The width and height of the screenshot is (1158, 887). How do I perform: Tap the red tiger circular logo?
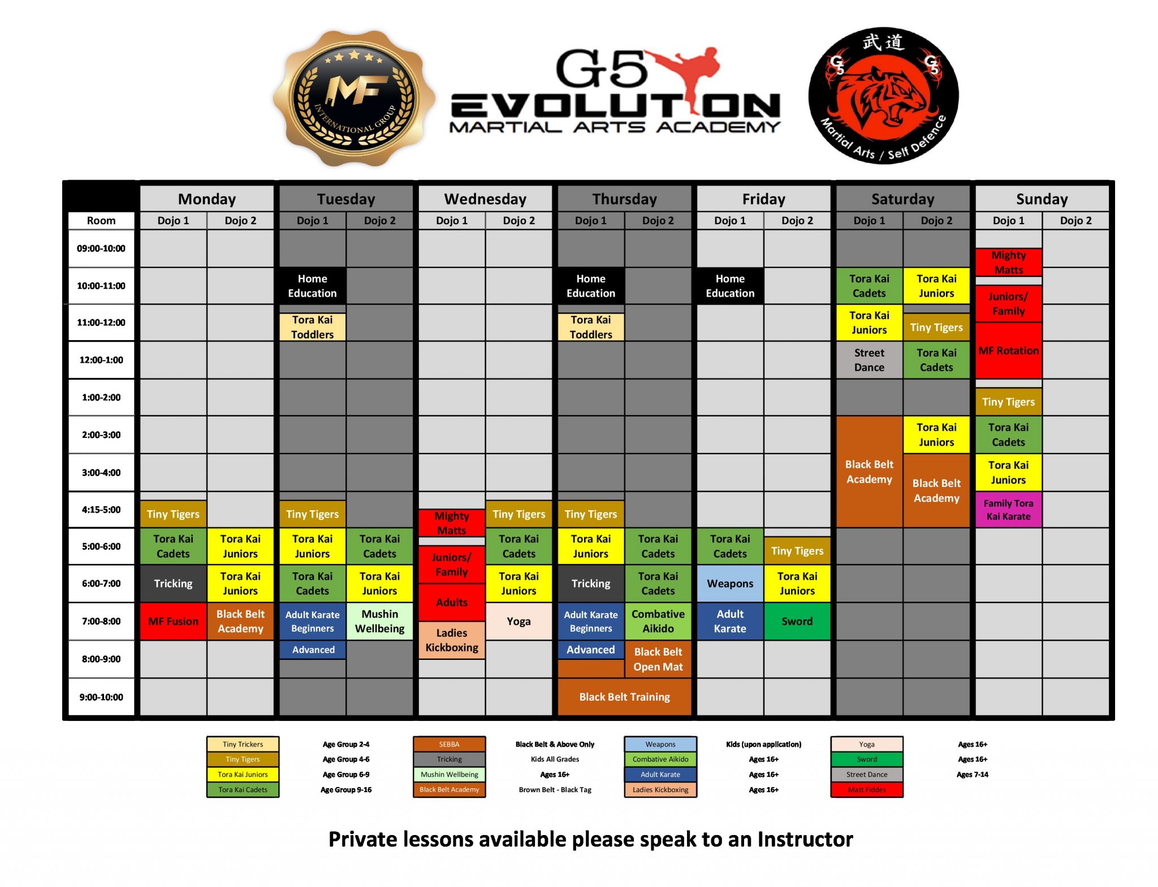[x=883, y=96]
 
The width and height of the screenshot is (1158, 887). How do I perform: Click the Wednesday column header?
[x=485, y=199]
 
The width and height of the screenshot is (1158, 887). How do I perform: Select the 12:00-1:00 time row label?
[x=101, y=360]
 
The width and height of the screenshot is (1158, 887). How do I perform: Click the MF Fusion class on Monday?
[x=173, y=621]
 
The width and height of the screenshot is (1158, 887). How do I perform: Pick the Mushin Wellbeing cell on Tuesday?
[x=379, y=621]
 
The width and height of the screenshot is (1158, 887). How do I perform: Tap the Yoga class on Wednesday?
[x=518, y=621]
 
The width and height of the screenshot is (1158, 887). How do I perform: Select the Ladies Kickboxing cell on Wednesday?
[x=452, y=640]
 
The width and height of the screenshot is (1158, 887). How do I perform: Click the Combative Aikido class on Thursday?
[x=658, y=621]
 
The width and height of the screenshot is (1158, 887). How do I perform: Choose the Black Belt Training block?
[x=624, y=697]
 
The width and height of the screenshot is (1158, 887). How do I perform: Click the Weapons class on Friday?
[x=730, y=584]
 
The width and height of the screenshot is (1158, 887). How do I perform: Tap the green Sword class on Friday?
[x=797, y=621]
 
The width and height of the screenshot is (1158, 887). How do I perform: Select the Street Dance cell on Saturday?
[x=869, y=360]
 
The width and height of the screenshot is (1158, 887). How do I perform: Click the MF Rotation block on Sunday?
[x=1008, y=350]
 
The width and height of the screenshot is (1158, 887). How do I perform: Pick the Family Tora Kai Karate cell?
[x=1008, y=510]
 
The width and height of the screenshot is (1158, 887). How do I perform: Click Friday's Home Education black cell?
[x=730, y=286]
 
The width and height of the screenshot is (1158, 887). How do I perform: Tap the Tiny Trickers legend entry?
[x=243, y=744]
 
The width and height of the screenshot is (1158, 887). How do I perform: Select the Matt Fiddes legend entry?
[x=867, y=790]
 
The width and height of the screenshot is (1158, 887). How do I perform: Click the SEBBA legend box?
[x=449, y=744]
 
